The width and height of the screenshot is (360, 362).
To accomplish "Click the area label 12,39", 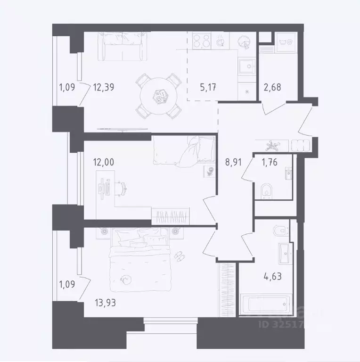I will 104,87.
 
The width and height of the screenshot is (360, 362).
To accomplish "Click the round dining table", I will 160,96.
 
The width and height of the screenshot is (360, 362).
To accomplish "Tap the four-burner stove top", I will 203,41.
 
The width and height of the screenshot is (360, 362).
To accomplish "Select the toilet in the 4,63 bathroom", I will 281,231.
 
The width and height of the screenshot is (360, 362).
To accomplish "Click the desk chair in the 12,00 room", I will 122,188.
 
